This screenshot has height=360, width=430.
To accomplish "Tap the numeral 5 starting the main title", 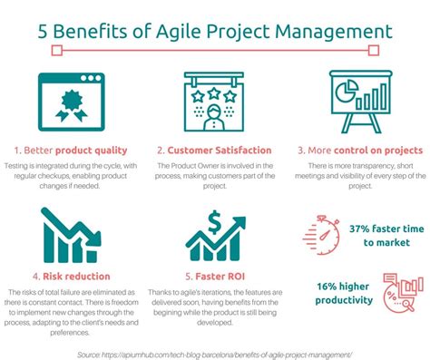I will click(43, 32).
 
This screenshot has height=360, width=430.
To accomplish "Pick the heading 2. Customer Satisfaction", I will click(214, 150).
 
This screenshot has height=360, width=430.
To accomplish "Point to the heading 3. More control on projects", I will click(361, 150).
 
